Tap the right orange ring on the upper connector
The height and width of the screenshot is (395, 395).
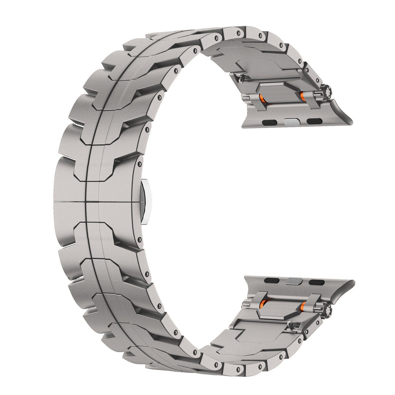point(303,95)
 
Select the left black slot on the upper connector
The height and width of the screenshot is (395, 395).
point(267,122)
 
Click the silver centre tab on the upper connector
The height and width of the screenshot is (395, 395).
point(290,122)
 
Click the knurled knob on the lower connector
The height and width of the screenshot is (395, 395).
point(329,309)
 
